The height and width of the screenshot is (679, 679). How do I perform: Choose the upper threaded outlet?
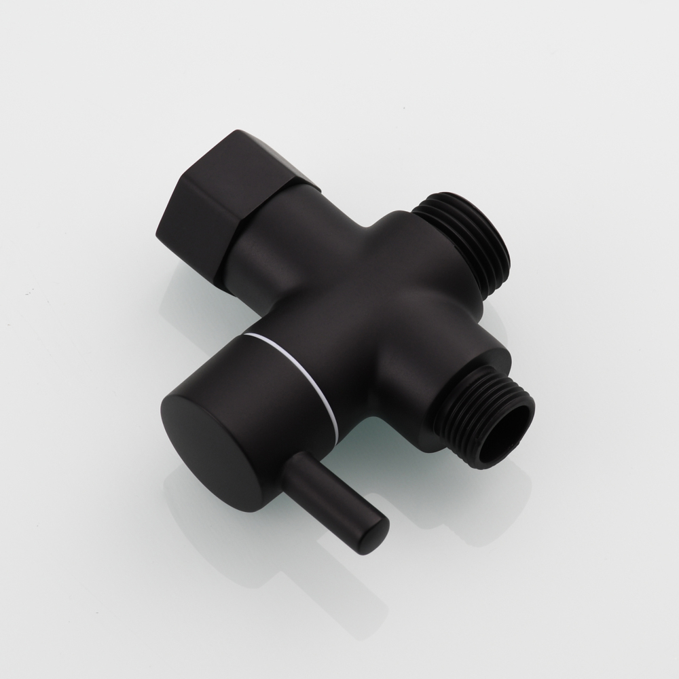[469, 238]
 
